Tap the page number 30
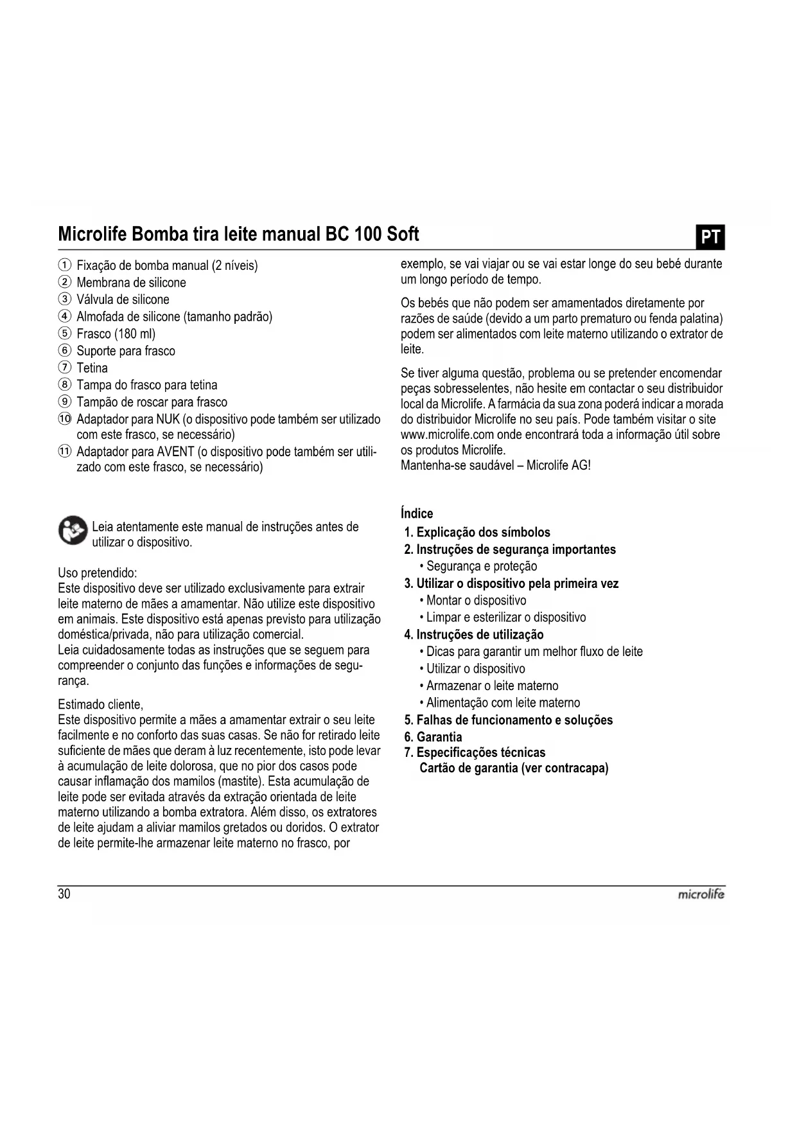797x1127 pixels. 64,894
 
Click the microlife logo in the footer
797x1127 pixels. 701,894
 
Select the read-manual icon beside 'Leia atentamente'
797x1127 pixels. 73,531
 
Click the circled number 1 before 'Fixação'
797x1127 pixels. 64,265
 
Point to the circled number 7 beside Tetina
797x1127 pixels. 64,368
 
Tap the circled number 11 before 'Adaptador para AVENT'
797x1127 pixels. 64,451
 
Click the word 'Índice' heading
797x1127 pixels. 417,513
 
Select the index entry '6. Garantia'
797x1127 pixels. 433,737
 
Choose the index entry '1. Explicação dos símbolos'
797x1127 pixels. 477,532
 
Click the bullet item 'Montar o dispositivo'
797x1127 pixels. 476,600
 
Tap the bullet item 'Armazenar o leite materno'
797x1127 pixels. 492,686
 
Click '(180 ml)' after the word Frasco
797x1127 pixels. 135,334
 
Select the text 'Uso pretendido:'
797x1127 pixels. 98,572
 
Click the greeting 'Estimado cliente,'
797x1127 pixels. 100,704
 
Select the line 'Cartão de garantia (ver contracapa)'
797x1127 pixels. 513,768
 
